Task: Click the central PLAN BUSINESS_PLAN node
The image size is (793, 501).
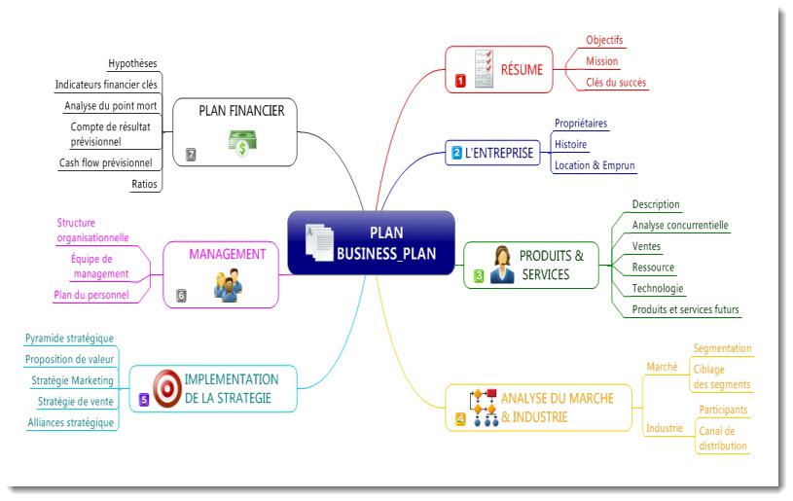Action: pyautogui.click(x=371, y=243)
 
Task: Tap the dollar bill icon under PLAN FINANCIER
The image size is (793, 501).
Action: pyautogui.click(x=240, y=141)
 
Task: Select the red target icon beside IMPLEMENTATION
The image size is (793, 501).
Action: pyautogui.click(x=166, y=388)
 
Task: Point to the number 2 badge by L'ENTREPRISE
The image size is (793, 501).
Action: pyautogui.click(x=456, y=153)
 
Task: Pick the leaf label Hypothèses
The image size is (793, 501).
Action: pyautogui.click(x=132, y=64)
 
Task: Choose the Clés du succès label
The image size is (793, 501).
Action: pyautogui.click(x=616, y=83)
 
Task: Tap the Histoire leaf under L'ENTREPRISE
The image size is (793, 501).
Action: pyautogui.click(x=570, y=145)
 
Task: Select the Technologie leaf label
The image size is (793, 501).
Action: pyautogui.click(x=658, y=289)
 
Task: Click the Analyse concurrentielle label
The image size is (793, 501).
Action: pyautogui.click(x=679, y=226)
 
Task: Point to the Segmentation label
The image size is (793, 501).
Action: pyautogui.click(x=722, y=348)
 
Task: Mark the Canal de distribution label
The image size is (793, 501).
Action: pyautogui.click(x=722, y=439)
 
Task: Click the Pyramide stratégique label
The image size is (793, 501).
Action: pyautogui.click(x=69, y=339)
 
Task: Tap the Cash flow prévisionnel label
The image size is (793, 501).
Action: pyautogui.click(x=105, y=162)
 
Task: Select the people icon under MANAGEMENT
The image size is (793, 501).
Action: pyautogui.click(x=227, y=284)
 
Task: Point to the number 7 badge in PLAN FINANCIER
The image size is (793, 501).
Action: pyautogui.click(x=191, y=154)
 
